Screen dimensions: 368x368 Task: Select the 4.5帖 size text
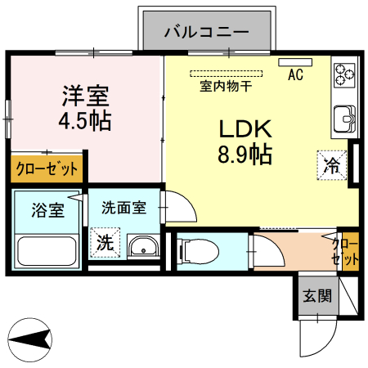86,122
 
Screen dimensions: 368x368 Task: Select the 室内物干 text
226,83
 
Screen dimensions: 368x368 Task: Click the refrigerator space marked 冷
333,164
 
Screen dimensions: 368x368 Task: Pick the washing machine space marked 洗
105,243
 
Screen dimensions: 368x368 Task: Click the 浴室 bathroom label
47,210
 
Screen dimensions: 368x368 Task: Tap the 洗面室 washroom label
123,207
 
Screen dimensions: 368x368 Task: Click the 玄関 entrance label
317,296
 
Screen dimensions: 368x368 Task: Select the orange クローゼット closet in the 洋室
47,169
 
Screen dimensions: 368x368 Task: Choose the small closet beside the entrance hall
345,251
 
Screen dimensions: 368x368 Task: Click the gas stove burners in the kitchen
343,74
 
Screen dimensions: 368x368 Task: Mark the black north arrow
31,337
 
